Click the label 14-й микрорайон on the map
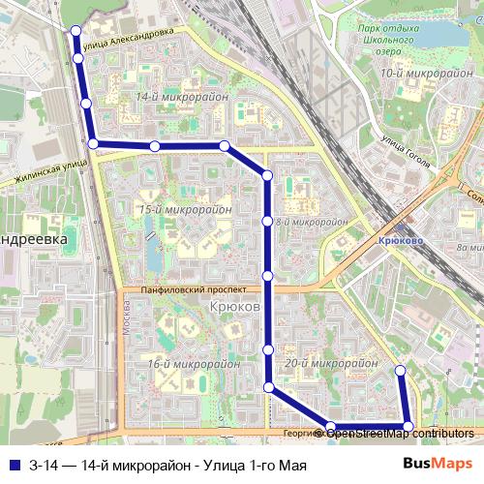tap(182, 97)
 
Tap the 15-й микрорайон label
tap(185, 209)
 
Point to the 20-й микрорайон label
tap(332, 363)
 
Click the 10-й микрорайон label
tap(413, 73)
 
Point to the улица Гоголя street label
tap(408, 146)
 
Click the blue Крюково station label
tap(394, 235)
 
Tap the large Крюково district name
tap(234, 307)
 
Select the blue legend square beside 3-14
tap(13, 465)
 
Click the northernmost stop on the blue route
tap(76, 31)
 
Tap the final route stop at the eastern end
tap(401, 370)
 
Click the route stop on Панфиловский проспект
tap(268, 276)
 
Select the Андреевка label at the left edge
tap(33, 237)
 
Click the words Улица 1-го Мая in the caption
tap(257, 465)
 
